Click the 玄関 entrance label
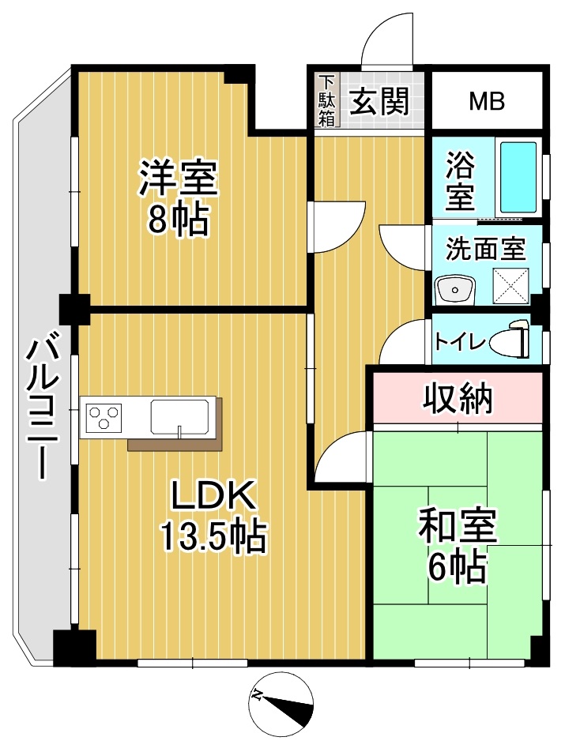point(379,101)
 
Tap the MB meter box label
point(487,102)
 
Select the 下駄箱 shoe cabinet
point(327,100)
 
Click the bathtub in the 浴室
point(518,178)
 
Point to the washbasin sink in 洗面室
point(455,290)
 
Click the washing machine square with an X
point(511,286)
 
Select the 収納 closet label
point(458,398)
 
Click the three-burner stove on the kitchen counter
point(104,415)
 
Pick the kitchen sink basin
point(180,415)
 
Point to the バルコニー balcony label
point(44,408)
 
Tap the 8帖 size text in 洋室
point(178,220)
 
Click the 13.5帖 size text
point(213,536)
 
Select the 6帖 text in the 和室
point(457,567)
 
